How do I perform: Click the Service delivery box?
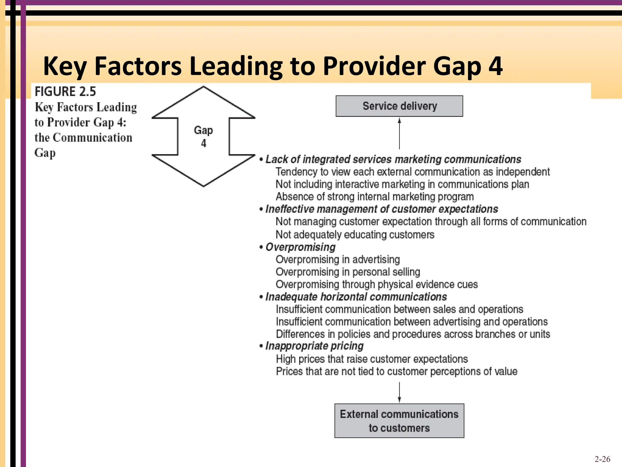coord(399,106)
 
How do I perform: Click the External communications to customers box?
coord(399,421)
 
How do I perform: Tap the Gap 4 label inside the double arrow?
coord(203,137)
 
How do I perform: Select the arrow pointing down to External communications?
coord(399,393)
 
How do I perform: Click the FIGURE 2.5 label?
coord(65,92)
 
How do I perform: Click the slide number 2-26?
coord(602,459)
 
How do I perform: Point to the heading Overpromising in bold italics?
coord(300,247)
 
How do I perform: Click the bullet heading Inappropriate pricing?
coord(314,346)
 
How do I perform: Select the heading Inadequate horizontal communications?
coord(356,297)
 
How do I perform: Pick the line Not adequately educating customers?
coord(355,235)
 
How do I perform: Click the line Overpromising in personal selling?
coord(348,272)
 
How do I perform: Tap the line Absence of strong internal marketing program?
coord(374,197)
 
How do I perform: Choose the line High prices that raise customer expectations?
coord(372,359)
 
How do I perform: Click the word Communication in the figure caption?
coord(93,137)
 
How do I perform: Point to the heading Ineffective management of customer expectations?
coord(381,209)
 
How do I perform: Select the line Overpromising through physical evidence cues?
coord(377,284)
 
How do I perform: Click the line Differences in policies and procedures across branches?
coord(413,334)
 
